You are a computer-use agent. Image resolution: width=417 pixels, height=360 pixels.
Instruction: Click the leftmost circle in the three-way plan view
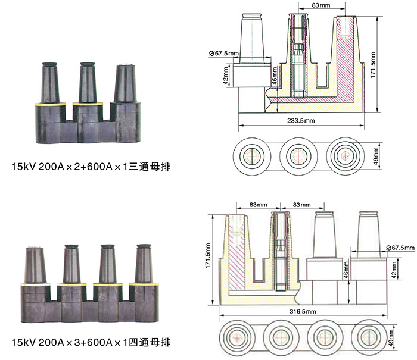251,156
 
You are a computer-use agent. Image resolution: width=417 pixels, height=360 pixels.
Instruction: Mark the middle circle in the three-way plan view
298,156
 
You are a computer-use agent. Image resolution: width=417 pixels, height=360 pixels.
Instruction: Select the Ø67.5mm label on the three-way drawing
224,54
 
